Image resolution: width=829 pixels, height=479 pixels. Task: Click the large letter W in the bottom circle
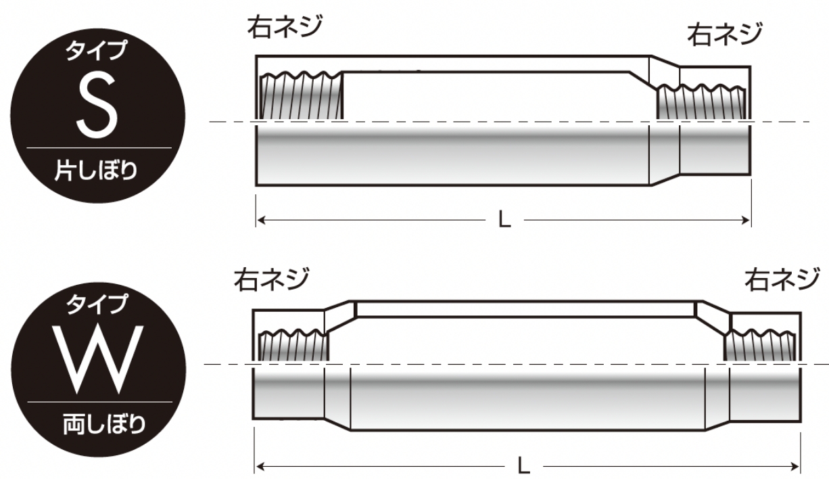[x=99, y=359]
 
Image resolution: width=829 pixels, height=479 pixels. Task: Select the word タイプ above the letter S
[x=96, y=51]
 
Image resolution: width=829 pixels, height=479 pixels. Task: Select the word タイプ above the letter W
[x=96, y=304]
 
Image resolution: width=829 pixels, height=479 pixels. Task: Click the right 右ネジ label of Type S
[x=725, y=35]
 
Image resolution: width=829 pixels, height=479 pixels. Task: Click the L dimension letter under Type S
[x=504, y=221]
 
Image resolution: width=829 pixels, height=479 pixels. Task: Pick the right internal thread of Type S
[x=703, y=102]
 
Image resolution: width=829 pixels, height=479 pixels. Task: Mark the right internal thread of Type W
[x=763, y=346]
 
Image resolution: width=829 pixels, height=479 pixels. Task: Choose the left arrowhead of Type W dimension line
[x=260, y=466]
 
